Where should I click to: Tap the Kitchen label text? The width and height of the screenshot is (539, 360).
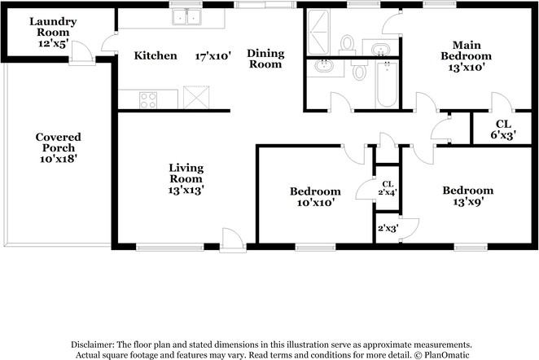tap(156, 56)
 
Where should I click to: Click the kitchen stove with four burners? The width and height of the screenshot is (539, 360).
tap(148, 99)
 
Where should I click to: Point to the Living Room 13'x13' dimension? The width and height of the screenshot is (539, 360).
tap(186, 190)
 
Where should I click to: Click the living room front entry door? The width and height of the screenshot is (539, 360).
tap(233, 239)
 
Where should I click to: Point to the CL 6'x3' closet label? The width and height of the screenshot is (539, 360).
tap(503, 130)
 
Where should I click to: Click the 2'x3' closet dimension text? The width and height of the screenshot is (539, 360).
tap(388, 229)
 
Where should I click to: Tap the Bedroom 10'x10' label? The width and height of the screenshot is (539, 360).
tap(314, 196)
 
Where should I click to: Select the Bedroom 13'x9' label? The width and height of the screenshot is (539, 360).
tap(467, 196)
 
